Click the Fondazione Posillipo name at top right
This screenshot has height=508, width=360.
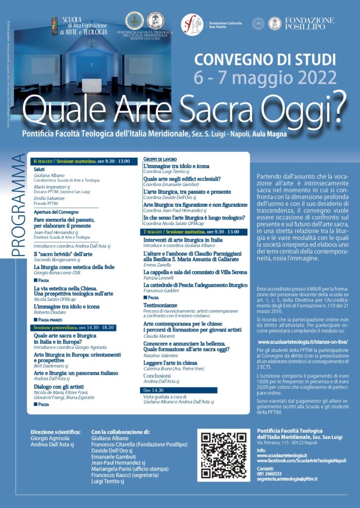tap(308, 23)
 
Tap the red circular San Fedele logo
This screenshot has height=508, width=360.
tap(191, 24)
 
